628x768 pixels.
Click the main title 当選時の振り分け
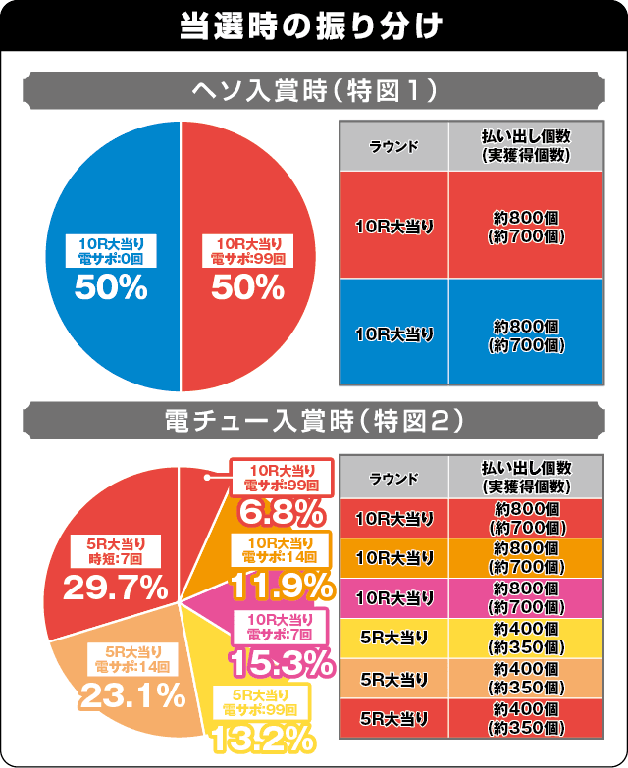pos(313,24)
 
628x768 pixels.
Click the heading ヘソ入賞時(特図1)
pos(313,92)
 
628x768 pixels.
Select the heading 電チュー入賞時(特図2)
pos(313,423)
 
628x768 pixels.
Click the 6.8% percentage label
pos(282,512)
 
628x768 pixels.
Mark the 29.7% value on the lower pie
pos(114,588)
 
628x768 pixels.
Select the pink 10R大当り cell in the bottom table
pos(393,596)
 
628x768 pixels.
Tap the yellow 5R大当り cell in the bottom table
pos(393,637)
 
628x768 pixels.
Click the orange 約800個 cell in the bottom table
pos(524,556)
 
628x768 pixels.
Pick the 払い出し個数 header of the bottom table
pos(524,477)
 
